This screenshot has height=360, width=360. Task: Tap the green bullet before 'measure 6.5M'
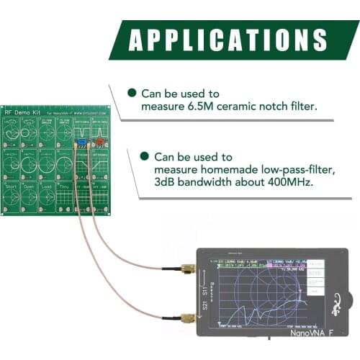pos(132,94)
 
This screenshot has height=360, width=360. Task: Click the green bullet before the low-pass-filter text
pos(145,156)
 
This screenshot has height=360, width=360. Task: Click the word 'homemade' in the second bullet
pos(217,169)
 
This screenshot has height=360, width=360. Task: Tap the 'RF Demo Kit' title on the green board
pos(22,112)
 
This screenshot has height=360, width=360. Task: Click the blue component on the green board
pos(82,143)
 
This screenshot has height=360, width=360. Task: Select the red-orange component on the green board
pos(99,143)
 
